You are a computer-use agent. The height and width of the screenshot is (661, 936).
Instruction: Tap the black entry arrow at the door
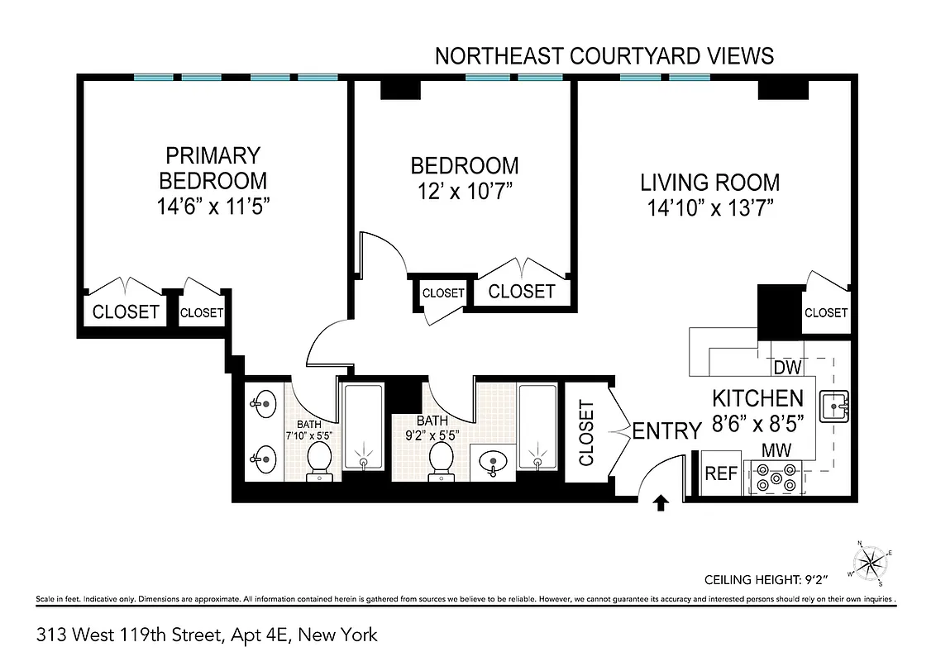point(661,502)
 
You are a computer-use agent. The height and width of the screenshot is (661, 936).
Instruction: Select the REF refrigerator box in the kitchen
point(720,474)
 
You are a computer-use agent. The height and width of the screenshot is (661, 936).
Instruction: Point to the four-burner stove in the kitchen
point(776,478)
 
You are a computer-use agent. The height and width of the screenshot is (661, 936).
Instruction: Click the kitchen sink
point(834,405)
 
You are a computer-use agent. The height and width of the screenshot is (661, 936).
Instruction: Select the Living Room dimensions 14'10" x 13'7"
point(710,207)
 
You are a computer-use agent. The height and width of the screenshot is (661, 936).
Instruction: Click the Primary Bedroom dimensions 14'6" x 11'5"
point(214,205)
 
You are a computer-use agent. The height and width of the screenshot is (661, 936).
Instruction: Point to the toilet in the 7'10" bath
point(319,459)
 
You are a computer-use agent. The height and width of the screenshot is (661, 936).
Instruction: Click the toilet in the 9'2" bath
point(439,459)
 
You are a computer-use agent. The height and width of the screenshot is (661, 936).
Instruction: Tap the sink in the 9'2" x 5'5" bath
point(494,461)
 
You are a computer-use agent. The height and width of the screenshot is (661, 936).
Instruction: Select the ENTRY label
point(666,430)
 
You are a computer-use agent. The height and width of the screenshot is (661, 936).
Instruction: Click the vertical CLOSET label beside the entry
point(586,433)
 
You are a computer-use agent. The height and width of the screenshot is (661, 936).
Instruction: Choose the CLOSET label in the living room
point(826,312)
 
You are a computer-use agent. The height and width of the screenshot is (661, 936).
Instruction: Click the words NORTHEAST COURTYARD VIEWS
point(604,55)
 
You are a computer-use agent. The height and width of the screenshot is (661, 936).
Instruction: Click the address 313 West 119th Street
point(207,635)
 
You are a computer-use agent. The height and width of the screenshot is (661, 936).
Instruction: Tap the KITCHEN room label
point(757,398)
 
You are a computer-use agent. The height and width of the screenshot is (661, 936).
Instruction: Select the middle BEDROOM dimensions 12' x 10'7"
point(464,190)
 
